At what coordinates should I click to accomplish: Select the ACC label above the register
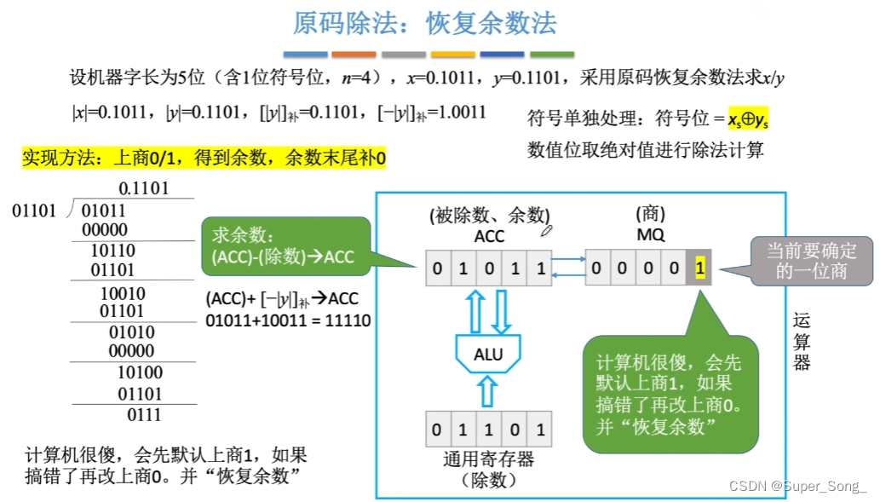[x=489, y=236]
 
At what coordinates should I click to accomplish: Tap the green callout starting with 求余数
[x=285, y=246]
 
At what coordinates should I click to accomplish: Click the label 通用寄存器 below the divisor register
[x=488, y=459]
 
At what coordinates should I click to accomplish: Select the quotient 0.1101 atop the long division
[x=143, y=188]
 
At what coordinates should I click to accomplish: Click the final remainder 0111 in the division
[x=144, y=415]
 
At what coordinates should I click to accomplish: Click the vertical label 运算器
[x=802, y=341]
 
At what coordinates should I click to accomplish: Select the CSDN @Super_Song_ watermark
[x=797, y=486]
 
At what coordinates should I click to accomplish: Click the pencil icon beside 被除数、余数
[x=548, y=229]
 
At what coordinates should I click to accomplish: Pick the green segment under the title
[x=552, y=55]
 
